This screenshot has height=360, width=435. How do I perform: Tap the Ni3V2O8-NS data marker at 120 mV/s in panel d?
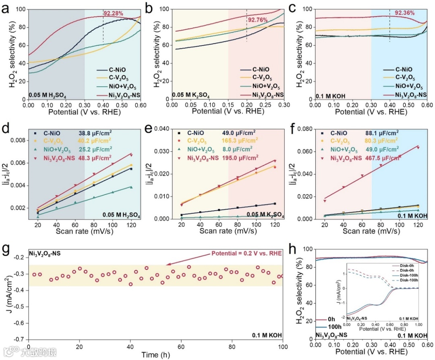pos(131,155)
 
